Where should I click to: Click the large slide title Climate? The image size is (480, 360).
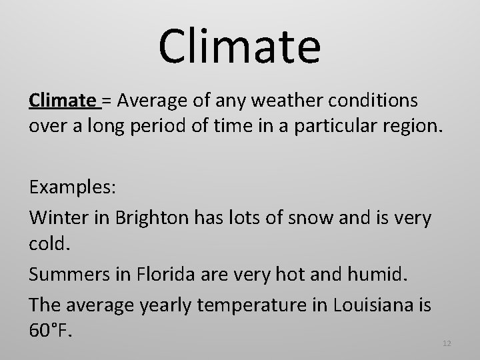click(x=239, y=46)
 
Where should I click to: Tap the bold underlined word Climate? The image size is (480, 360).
click(x=63, y=101)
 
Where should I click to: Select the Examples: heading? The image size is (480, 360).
click(x=73, y=187)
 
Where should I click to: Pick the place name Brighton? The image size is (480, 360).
click(x=145, y=217)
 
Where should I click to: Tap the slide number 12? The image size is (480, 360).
click(x=447, y=343)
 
